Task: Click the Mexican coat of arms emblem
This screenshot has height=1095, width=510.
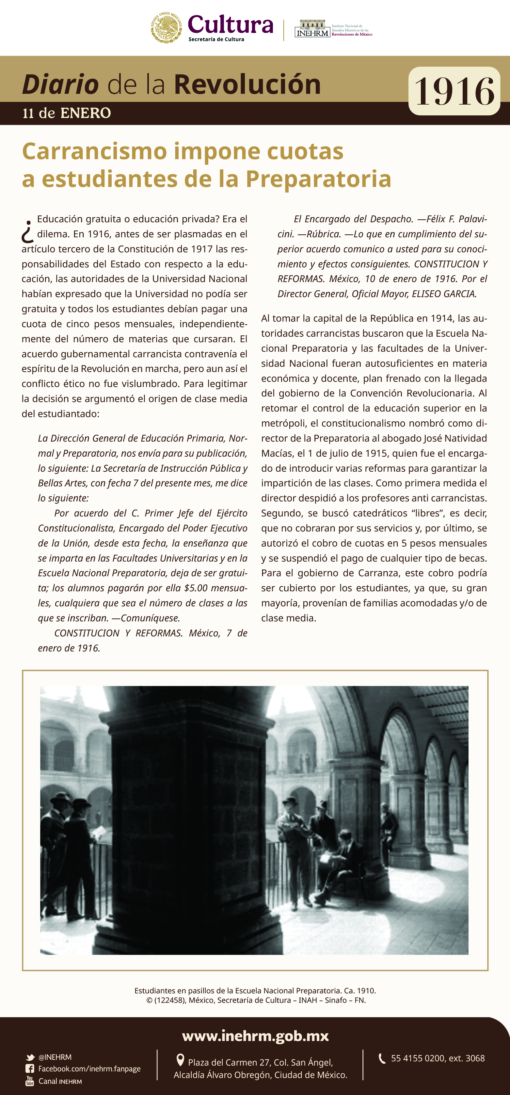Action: click(167, 28)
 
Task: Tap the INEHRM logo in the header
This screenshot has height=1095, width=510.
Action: click(312, 29)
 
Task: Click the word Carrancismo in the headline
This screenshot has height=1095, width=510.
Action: click(94, 151)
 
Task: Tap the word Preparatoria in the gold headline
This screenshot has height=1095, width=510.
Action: click(318, 179)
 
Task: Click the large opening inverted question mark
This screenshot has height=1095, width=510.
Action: click(28, 231)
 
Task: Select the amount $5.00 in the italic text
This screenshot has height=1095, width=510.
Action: click(196, 588)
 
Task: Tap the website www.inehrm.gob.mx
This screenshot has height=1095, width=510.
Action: click(255, 1036)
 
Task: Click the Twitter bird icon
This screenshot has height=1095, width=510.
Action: click(30, 1057)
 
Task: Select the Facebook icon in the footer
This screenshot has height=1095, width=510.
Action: click(30, 1069)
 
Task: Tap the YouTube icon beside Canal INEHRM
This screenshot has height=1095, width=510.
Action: click(30, 1081)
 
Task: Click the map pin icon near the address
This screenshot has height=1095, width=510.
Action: click(180, 1060)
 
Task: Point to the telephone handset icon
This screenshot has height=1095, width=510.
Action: click(382, 1058)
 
